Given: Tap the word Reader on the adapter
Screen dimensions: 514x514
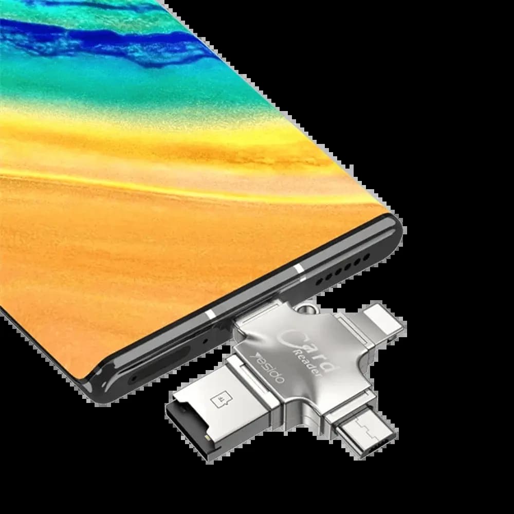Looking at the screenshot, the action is click(x=307, y=363).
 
